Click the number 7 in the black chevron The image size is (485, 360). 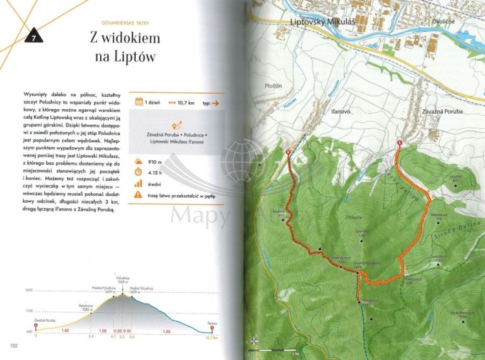tap(32, 38)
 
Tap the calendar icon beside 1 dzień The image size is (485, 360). tap(138, 101)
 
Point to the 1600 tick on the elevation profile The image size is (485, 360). tap(28, 290)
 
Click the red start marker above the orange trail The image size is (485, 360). tap(399, 143)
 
